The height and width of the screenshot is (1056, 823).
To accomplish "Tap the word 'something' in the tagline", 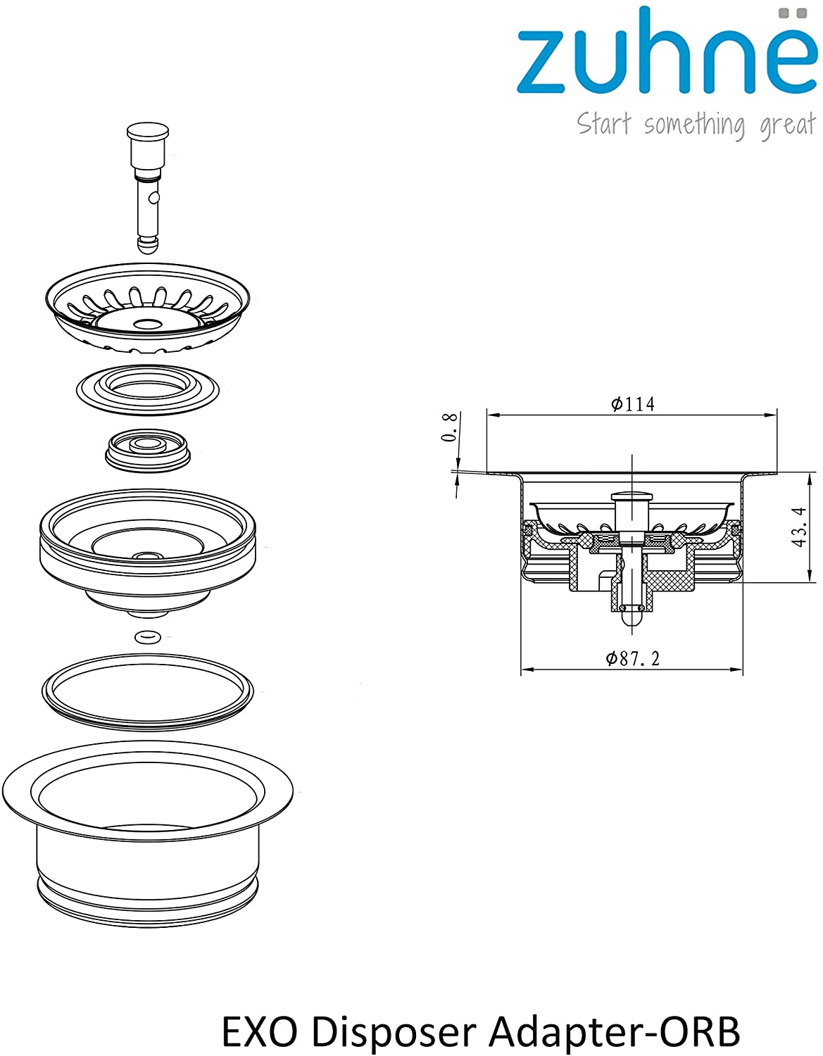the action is point(693,125).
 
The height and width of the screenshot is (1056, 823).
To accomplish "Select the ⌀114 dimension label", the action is point(632,404).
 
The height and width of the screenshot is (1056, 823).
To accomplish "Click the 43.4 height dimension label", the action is point(799,527).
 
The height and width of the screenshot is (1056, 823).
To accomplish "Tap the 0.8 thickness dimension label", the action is point(449,427).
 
